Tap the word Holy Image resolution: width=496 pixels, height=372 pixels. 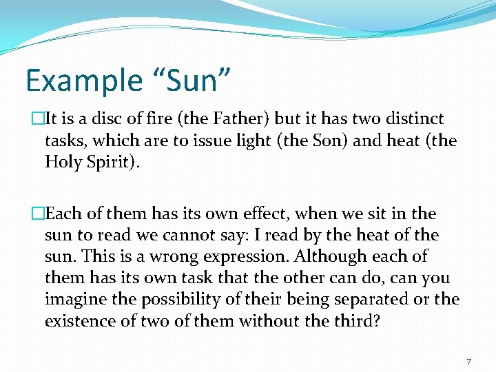click(63, 163)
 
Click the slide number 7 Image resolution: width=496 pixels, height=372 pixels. click(468, 362)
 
